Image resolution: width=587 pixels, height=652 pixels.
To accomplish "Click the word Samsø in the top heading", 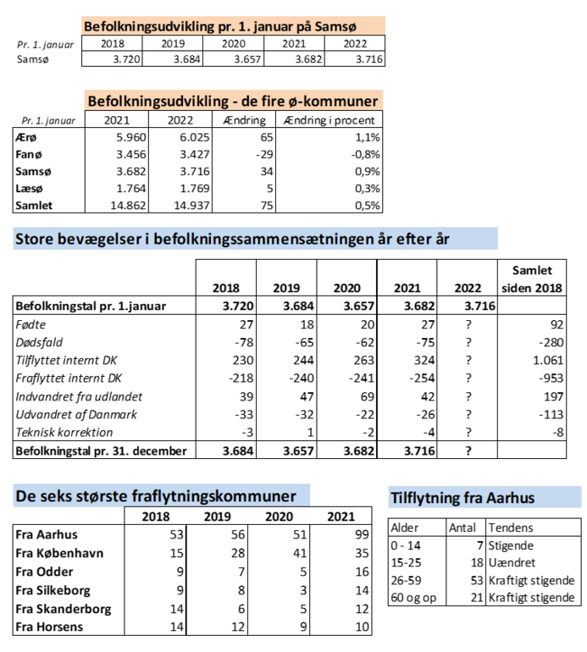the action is point(337,26).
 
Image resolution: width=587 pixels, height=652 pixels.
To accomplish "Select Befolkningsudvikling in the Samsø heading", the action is point(149,26).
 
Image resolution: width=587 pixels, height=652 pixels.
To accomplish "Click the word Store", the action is point(35,240).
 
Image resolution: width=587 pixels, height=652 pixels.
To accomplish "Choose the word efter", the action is point(407,240).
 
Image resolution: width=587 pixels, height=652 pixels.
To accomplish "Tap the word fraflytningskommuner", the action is point(215,496).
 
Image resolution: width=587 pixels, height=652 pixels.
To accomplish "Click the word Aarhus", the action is point(511,498).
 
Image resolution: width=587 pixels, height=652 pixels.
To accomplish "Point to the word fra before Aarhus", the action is point(473,498).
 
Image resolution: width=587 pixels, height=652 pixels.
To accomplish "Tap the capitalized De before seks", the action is point(25,496).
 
